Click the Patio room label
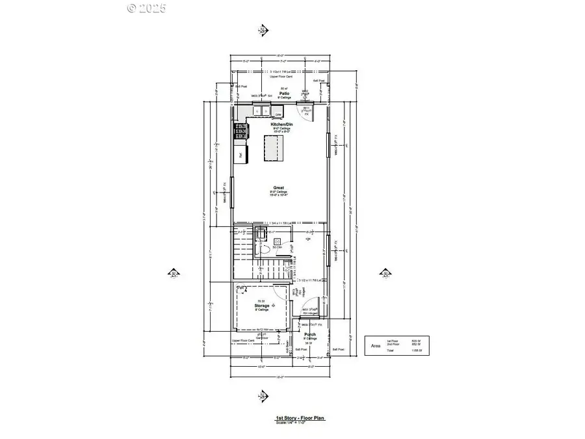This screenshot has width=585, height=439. coord(283,94)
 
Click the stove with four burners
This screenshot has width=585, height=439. coord(241,131)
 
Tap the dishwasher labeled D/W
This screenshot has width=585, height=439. coord(278,114)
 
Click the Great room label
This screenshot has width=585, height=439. coord(279,188)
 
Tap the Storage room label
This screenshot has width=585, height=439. coord(262,305)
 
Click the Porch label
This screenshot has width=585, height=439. coord(311,335)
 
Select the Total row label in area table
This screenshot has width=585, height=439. coord(391,351)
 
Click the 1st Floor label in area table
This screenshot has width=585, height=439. coord(392,341)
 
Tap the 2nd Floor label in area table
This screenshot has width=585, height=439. coord(392,345)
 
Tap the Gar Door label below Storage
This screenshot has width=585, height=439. coord(263,338)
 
